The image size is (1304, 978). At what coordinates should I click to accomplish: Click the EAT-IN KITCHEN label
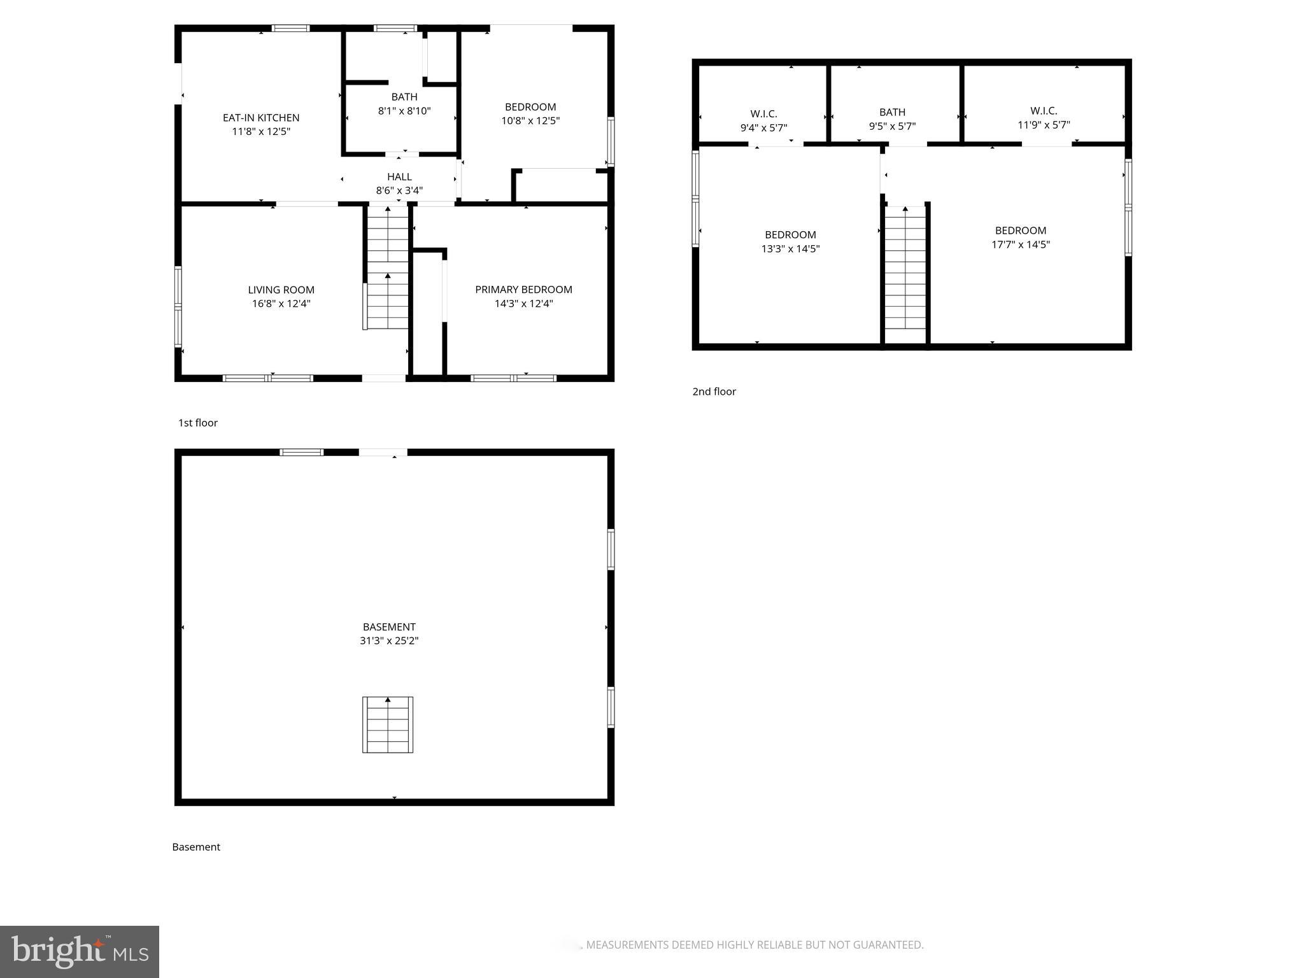click(261, 118)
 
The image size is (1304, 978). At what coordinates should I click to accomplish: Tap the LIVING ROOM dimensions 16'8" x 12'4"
click(281, 304)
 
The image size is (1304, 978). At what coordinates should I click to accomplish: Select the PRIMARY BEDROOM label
click(523, 290)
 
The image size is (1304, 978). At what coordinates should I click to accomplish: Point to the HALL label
click(399, 176)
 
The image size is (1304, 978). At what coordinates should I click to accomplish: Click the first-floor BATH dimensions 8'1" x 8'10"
click(404, 111)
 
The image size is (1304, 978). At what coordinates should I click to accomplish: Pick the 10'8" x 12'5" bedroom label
click(530, 107)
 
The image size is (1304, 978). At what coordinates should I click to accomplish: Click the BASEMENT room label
click(389, 627)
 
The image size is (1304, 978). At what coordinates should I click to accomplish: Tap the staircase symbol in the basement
click(388, 725)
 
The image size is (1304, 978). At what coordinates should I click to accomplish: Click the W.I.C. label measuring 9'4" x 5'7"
click(763, 114)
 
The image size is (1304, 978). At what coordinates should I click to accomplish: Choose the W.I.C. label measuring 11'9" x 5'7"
click(1044, 111)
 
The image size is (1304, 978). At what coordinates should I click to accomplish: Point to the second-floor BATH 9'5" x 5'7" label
click(892, 112)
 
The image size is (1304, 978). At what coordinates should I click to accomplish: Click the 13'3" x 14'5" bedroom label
click(790, 235)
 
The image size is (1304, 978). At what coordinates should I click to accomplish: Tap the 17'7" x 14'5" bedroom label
click(1020, 230)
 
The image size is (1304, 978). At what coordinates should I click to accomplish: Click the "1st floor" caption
click(198, 423)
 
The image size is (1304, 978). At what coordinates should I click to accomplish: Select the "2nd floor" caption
click(714, 392)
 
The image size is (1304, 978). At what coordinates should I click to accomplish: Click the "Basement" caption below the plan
click(196, 847)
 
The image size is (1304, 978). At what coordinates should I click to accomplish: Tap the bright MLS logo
click(80, 951)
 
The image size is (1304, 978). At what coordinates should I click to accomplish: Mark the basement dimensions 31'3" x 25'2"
click(389, 641)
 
